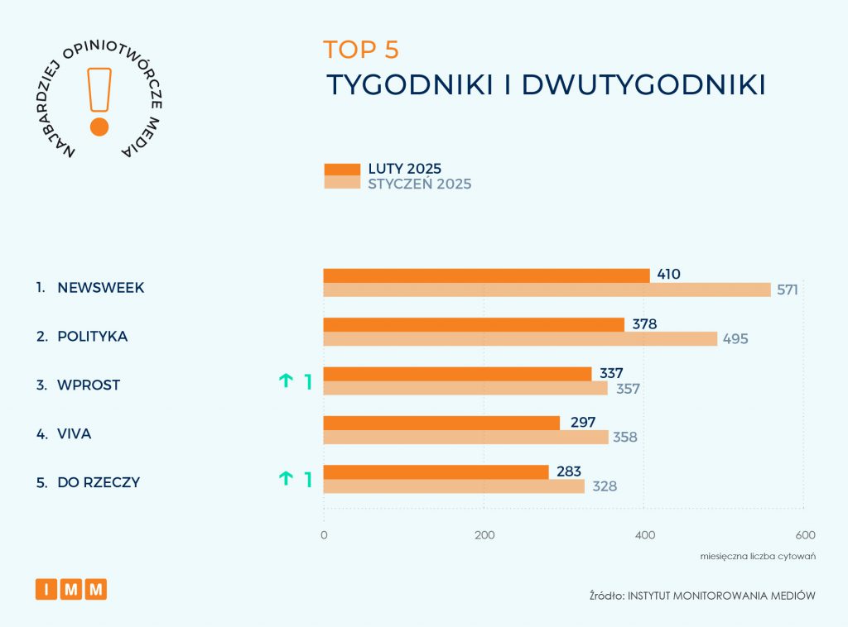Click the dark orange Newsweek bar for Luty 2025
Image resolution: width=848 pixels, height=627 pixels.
[x=486, y=275]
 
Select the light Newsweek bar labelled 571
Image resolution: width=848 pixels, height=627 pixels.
[x=547, y=290]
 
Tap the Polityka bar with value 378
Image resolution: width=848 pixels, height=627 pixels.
[x=474, y=324]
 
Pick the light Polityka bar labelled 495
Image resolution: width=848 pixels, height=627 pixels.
[x=520, y=338]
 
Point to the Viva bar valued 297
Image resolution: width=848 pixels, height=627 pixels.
[x=441, y=423]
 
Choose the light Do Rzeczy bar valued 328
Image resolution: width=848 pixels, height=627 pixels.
[x=454, y=486]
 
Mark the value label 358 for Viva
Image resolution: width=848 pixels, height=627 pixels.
[x=625, y=437]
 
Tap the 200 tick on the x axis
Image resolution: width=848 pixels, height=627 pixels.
[x=484, y=534]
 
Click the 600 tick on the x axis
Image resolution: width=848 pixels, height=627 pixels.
[x=805, y=534]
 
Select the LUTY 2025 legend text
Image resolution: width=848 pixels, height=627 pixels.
[x=405, y=169]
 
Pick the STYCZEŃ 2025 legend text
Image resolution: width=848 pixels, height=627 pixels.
[x=420, y=184]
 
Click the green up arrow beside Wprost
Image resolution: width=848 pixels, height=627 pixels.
[x=286, y=381]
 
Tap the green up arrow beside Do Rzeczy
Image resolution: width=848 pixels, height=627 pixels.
[x=286, y=477]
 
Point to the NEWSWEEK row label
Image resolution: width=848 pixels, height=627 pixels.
[x=101, y=288]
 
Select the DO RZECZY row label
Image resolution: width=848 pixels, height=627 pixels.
[x=99, y=482]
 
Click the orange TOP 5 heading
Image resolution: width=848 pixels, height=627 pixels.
[x=361, y=50]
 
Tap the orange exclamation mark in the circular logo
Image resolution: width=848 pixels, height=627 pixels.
[x=99, y=99]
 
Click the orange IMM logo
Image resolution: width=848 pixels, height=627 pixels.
[x=71, y=589]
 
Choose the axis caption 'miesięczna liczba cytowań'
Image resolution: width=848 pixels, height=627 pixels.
[x=758, y=556]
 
